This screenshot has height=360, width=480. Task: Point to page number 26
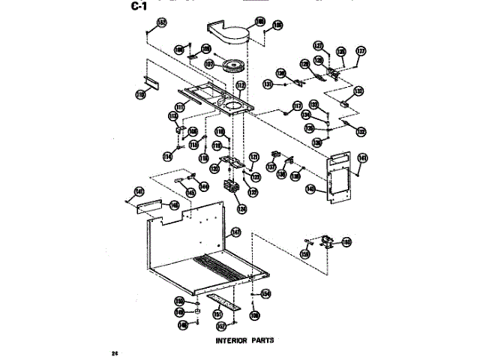pos(114,352)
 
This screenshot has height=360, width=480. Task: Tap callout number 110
pos(140,94)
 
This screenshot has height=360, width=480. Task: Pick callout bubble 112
pos(241,86)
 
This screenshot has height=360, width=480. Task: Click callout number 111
pos(181,106)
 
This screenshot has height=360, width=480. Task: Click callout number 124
pos(241,208)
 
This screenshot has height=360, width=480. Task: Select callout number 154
pos(265,293)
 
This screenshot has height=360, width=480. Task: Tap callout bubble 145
pos(191,193)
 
